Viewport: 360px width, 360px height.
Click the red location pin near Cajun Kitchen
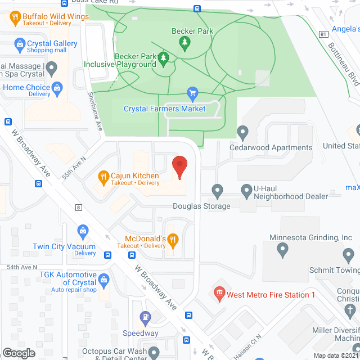click(x=179, y=166)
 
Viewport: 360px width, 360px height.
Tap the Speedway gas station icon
click(x=145, y=318)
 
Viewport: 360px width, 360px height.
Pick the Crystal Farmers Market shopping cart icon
click(x=192, y=93)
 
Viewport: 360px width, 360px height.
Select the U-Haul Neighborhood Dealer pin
click(x=246, y=191)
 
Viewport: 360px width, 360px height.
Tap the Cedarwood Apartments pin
click(x=243, y=133)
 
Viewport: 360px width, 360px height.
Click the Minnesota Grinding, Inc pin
click(x=283, y=249)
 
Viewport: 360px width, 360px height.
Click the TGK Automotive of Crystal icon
click(x=103, y=278)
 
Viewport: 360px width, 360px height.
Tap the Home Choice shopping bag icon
click(x=57, y=87)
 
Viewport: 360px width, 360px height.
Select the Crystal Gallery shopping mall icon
click(x=20, y=43)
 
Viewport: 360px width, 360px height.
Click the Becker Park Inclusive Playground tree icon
click(x=164, y=58)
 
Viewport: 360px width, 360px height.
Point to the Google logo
click(x=19, y=353)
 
